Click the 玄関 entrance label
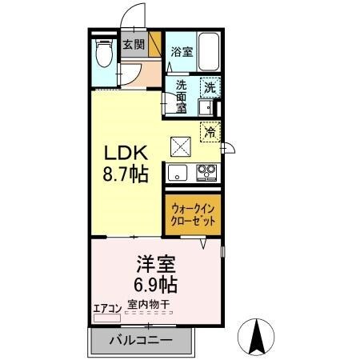click(x=132, y=46)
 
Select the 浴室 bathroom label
click(x=182, y=51)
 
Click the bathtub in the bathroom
click(x=209, y=53)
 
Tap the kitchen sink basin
click(x=177, y=170)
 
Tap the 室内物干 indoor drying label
click(x=147, y=306)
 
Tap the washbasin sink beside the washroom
click(x=206, y=108)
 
